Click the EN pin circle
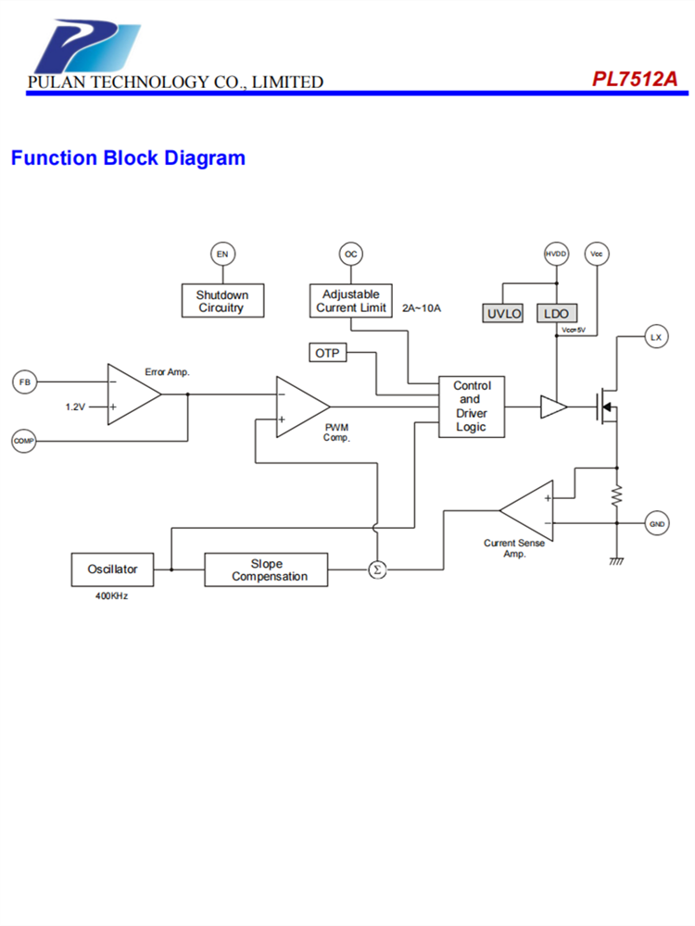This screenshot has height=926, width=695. pos(221,254)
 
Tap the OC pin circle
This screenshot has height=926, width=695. pos(350,254)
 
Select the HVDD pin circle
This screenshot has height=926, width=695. pos(555,254)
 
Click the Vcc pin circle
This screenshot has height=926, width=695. pos(596,254)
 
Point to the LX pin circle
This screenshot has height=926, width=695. pos(656,338)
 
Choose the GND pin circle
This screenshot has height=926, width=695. pos(657,525)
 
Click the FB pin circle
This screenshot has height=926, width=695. pos(24,382)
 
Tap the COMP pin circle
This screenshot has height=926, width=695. pos(23,441)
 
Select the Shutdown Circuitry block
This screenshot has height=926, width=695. pos(221,301)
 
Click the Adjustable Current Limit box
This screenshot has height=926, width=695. pos(351,301)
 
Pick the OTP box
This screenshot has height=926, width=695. pos(327,353)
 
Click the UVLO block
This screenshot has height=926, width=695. pos(504,314)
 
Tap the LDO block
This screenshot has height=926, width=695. pos(556,314)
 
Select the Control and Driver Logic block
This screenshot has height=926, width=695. pos(473,407)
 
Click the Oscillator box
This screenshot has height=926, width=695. pos(112,569)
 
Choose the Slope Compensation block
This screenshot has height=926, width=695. pos(267,569)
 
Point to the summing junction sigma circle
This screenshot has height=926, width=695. pos(376,569)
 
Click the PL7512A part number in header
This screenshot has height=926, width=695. pos(635,80)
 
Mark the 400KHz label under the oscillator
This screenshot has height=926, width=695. pos(111,596)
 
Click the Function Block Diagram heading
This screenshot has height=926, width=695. pos(128,158)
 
